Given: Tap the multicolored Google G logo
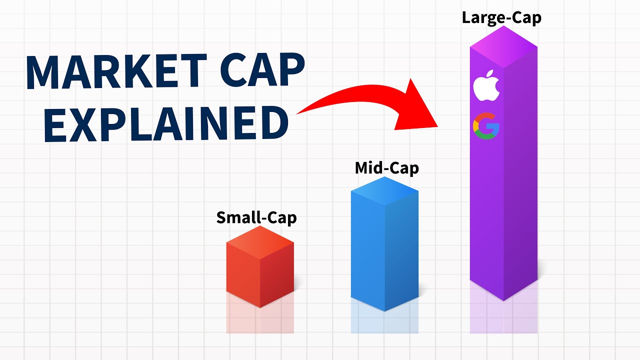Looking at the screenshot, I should point(486,126).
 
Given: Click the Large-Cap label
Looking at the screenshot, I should point(501,18).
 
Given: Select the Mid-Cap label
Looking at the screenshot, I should point(386,168).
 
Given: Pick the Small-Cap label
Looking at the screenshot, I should point(256,218).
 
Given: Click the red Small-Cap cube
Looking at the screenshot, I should point(260,275).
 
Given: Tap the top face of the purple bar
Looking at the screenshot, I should point(503,47).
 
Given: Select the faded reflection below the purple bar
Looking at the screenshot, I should point(503,317).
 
